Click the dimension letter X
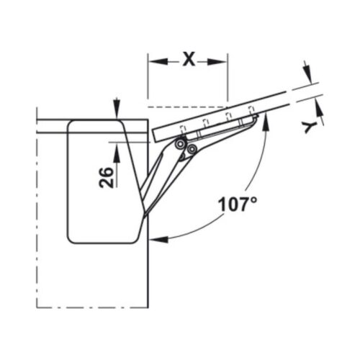(x=189, y=59)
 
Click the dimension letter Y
(x=310, y=127)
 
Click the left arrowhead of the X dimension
(x=153, y=60)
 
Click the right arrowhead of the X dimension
(x=223, y=60)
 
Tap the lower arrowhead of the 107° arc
(x=154, y=238)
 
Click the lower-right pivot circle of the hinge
(x=192, y=149)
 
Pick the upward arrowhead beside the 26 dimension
(x=116, y=151)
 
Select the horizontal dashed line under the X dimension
(x=187, y=107)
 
